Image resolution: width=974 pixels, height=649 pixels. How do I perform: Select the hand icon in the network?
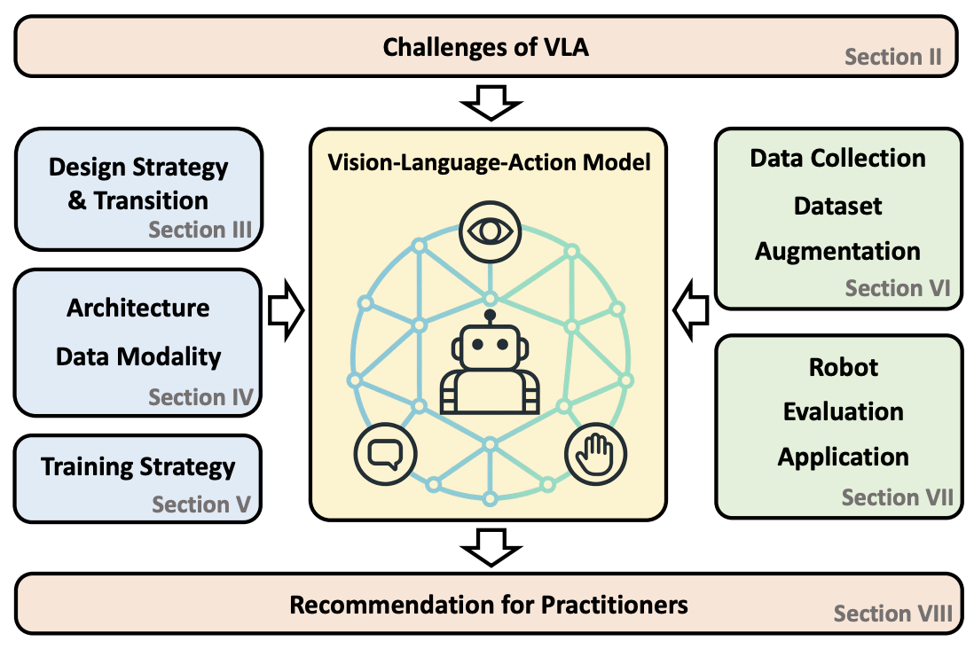click(594, 454)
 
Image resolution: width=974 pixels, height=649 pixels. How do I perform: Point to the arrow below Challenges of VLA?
click(489, 103)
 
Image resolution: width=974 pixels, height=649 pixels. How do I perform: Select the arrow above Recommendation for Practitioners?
click(489, 546)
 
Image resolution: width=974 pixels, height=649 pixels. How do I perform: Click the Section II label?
click(893, 58)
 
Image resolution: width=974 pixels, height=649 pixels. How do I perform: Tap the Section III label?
click(200, 231)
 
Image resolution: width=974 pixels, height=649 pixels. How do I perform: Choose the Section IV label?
click(201, 396)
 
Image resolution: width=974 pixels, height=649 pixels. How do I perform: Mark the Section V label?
click(201, 504)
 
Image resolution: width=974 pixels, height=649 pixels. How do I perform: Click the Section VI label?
click(898, 288)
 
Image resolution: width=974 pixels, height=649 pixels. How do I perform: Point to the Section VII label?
click(897, 497)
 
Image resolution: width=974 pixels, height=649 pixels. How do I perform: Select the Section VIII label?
click(893, 614)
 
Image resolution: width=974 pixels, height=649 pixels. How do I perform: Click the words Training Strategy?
click(137, 467)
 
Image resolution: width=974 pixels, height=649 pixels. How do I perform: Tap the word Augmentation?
click(837, 251)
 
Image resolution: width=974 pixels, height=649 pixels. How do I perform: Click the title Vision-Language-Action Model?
click(489, 162)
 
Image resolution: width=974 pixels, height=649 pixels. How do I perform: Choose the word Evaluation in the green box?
click(843, 411)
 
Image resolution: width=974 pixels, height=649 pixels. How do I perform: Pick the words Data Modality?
click(138, 356)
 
